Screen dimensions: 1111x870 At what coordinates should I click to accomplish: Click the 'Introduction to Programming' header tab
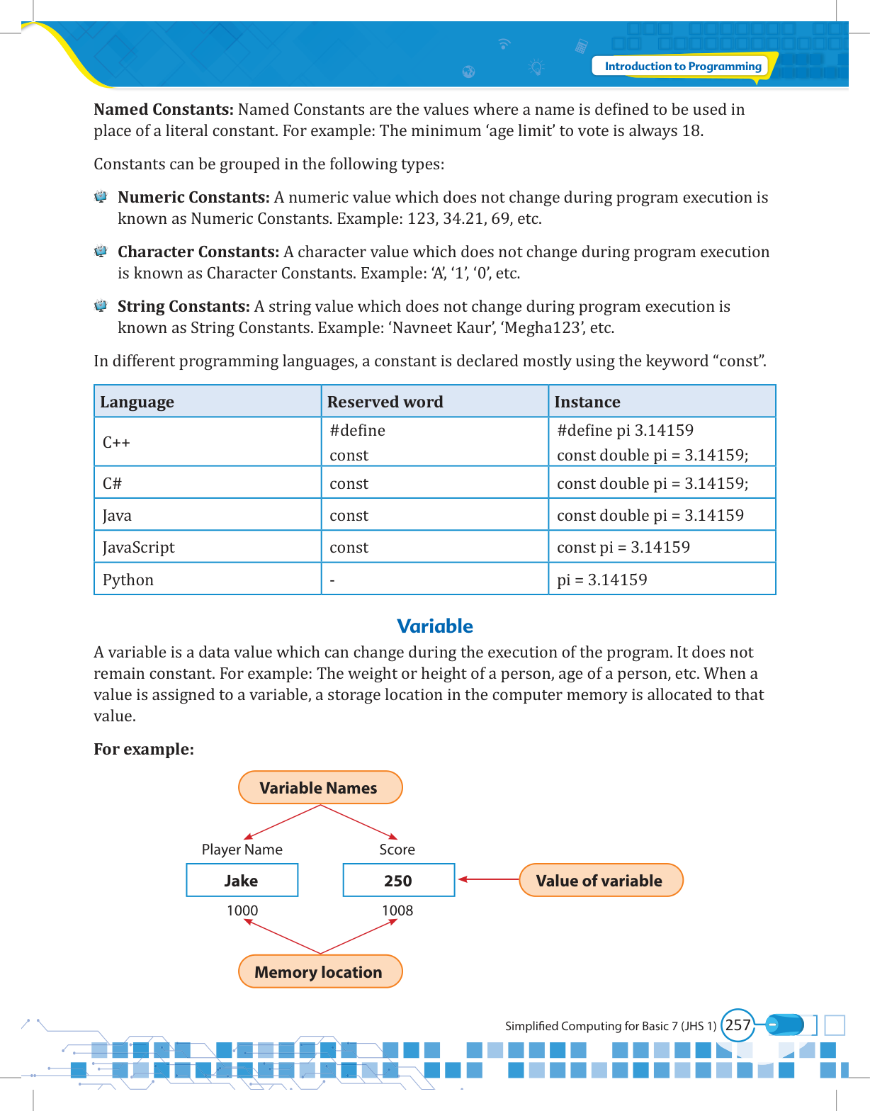click(682, 67)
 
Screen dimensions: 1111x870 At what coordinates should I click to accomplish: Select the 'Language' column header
click(137, 402)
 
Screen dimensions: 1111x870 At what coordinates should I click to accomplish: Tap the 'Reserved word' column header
click(385, 402)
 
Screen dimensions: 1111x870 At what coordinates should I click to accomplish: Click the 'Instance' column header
click(587, 402)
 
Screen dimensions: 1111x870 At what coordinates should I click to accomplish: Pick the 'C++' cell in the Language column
click(116, 443)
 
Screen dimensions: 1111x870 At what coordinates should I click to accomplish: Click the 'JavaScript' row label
click(138, 547)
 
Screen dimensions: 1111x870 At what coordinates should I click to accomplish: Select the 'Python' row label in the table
click(128, 580)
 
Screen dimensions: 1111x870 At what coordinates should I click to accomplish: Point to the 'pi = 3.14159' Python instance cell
click(601, 580)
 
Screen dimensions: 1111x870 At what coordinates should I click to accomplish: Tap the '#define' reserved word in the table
click(357, 430)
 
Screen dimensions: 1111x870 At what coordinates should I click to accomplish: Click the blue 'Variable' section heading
click(434, 626)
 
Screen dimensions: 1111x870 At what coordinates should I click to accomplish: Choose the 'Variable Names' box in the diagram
click(320, 788)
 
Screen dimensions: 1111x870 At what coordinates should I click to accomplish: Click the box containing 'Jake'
click(242, 881)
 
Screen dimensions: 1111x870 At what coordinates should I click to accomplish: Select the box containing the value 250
click(398, 881)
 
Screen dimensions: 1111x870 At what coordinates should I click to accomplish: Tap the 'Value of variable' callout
click(601, 881)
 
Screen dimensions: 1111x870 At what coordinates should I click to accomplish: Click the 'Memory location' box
click(320, 972)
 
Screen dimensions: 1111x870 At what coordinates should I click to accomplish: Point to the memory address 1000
click(242, 910)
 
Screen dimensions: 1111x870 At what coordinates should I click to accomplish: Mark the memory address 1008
click(397, 910)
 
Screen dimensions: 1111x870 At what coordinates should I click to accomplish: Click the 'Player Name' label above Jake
click(242, 850)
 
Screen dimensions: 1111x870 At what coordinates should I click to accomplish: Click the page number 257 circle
click(738, 1025)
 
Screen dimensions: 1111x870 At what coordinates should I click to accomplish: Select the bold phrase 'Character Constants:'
click(198, 252)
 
